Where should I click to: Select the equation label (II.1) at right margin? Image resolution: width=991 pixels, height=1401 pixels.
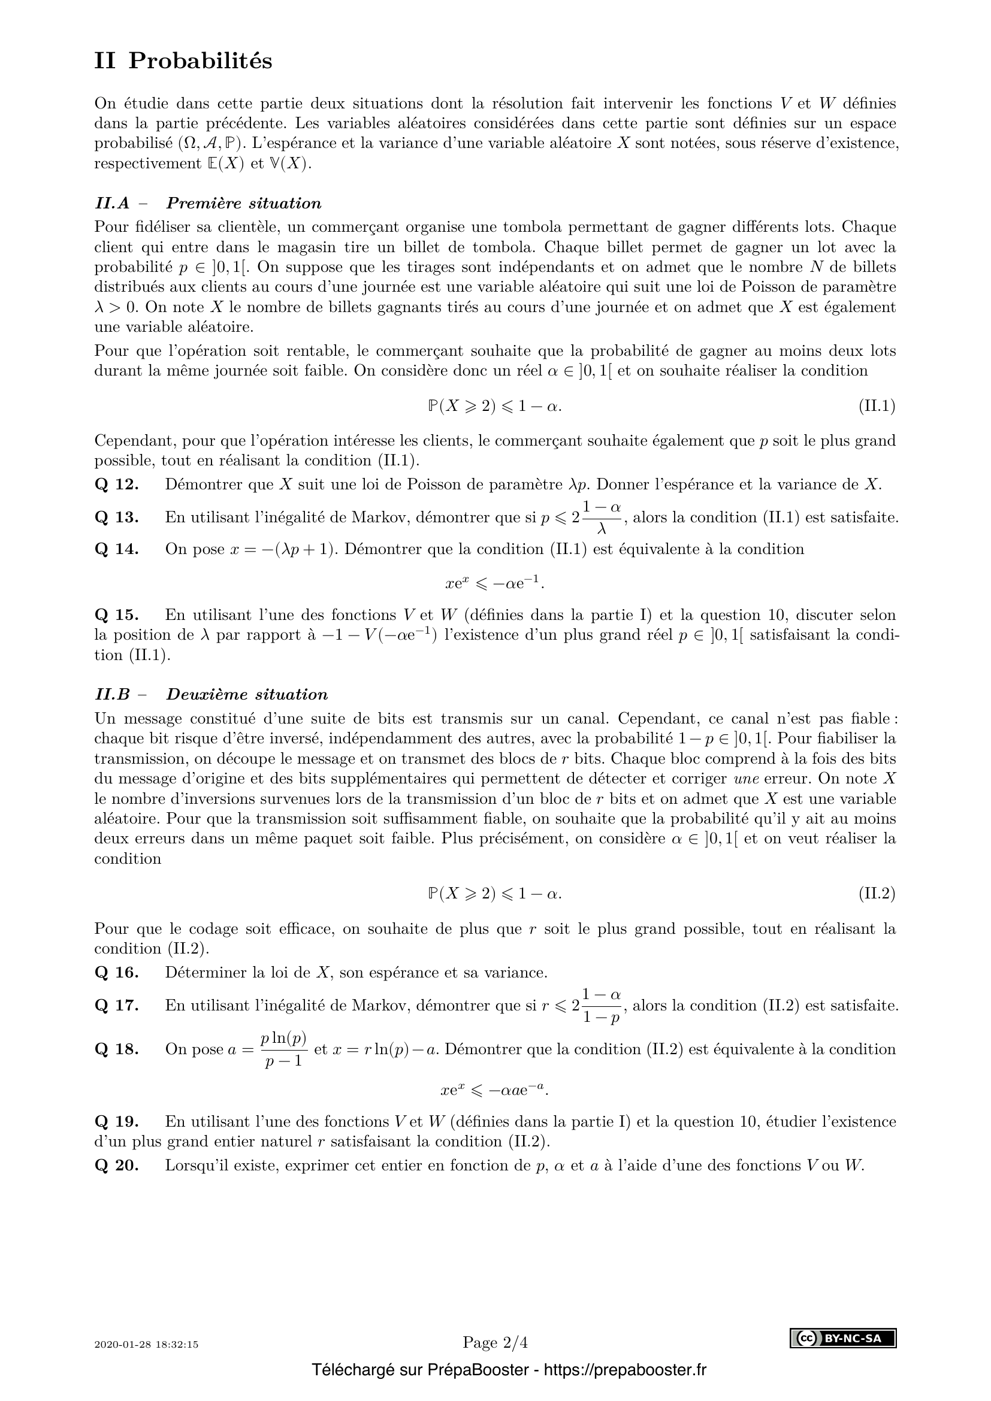877,406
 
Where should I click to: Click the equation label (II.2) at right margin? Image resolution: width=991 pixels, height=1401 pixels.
877,894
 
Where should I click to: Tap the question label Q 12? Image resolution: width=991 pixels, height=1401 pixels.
117,485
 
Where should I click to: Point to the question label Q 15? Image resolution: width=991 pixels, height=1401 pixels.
117,615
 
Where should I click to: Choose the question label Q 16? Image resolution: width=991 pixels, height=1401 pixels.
117,973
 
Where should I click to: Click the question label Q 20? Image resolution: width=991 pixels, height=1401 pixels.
117,1166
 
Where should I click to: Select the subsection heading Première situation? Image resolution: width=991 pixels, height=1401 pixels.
243,203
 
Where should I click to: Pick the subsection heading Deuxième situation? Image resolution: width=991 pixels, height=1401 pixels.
247,694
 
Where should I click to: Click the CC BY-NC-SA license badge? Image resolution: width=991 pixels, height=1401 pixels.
844,1338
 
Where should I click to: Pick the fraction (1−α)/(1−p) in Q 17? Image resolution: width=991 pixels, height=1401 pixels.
601,1006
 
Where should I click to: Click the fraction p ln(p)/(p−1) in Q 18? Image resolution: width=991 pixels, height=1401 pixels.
283,1049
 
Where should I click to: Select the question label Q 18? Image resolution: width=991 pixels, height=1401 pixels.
117,1049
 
